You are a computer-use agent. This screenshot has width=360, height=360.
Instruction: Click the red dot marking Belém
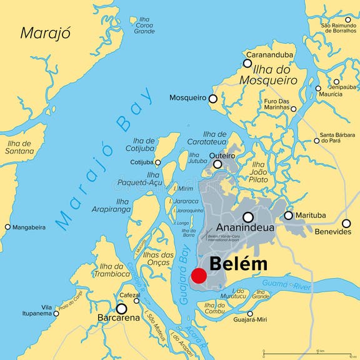tap(199, 276)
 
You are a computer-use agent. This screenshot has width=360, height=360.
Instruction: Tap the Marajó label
tap(46, 33)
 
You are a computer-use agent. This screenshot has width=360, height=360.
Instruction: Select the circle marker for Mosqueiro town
tap(213, 98)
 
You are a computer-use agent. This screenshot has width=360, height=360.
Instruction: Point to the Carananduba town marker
tap(247, 63)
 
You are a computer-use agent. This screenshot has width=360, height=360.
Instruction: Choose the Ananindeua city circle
tap(248, 217)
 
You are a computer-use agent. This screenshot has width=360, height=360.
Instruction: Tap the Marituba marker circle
tap(288, 216)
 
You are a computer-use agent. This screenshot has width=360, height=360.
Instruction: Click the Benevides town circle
tap(346, 223)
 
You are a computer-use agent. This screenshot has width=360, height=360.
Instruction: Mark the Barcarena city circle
tap(121, 308)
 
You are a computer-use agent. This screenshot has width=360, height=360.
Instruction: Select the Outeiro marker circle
tap(217, 164)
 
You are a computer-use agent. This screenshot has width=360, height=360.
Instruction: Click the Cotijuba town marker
tap(157, 162)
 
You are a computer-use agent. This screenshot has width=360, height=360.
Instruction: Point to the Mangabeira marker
tap(7, 227)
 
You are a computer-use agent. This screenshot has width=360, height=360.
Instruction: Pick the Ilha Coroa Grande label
tap(144, 25)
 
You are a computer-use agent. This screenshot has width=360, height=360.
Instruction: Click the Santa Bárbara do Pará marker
tap(316, 141)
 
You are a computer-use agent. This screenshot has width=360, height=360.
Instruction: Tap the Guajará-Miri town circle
tap(250, 314)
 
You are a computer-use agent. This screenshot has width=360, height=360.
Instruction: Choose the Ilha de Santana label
tap(20, 147)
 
